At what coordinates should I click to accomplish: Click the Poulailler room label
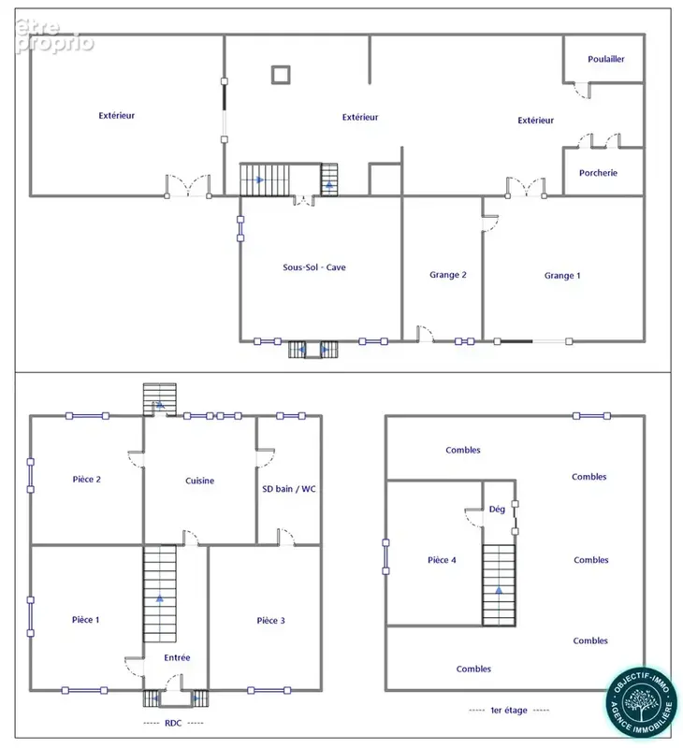[x=605, y=59]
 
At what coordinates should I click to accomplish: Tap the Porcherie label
[x=598, y=173]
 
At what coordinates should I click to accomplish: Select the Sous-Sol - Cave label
[x=314, y=267]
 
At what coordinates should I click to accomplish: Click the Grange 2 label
[x=448, y=275]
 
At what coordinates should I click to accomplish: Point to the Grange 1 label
[x=562, y=276]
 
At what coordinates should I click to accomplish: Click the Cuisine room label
[x=199, y=481]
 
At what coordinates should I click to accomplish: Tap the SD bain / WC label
[x=289, y=489]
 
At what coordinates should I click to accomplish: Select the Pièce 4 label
[x=442, y=560]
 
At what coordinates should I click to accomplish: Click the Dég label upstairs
[x=497, y=510]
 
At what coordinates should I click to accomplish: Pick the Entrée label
[x=177, y=658]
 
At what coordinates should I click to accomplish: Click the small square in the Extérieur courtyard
[x=281, y=75]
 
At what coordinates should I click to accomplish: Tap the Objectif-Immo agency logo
[x=642, y=702]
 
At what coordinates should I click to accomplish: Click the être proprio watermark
[x=54, y=36]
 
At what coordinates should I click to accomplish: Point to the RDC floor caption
[x=173, y=723]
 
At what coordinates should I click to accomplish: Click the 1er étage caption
[x=509, y=711]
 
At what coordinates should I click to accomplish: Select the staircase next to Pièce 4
[x=499, y=585]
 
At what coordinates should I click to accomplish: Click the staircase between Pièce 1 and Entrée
[x=160, y=595]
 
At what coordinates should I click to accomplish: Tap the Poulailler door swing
[x=583, y=91]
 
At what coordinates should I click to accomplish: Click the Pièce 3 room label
[x=270, y=621]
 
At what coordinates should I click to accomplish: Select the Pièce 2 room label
[x=86, y=480]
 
